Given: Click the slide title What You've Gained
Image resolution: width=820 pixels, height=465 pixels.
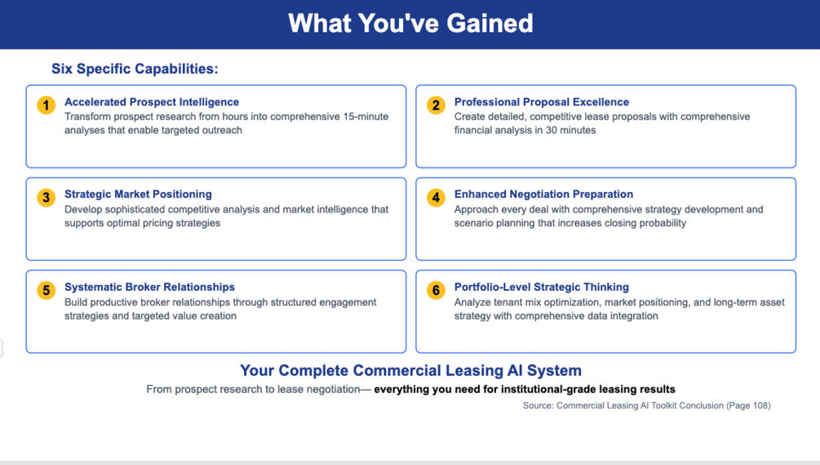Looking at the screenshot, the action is pyautogui.click(x=410, y=24).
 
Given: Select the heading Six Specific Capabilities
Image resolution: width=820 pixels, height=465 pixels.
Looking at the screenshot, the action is pyautogui.click(x=135, y=69).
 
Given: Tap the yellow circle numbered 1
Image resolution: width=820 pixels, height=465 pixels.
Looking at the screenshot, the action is pyautogui.click(x=46, y=105).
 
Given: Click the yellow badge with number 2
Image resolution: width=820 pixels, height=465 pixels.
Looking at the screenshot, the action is pyautogui.click(x=436, y=105).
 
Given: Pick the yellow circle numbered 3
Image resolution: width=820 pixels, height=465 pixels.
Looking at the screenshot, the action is pyautogui.click(x=46, y=198).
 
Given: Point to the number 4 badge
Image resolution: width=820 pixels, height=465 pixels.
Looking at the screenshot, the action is pyautogui.click(x=436, y=198).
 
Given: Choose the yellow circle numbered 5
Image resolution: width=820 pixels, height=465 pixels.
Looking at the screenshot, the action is pyautogui.click(x=46, y=290).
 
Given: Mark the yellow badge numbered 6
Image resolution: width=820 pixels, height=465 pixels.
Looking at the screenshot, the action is pyautogui.click(x=436, y=290).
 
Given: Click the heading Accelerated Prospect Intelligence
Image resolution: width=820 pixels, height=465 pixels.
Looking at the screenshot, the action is pyautogui.click(x=152, y=102).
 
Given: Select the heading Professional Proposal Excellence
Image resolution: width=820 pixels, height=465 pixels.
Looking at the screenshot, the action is pyautogui.click(x=541, y=102).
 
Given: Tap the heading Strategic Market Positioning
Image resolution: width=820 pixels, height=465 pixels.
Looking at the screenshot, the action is pyautogui.click(x=138, y=194).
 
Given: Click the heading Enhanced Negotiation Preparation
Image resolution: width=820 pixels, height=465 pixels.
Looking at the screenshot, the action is pyautogui.click(x=543, y=194).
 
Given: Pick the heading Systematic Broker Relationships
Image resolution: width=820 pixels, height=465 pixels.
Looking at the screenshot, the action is pyautogui.click(x=149, y=287).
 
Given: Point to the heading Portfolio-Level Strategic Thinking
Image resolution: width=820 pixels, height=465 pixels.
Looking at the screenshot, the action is pyautogui.click(x=541, y=287).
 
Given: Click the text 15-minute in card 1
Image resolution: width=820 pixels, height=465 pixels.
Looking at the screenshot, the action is pyautogui.click(x=366, y=116).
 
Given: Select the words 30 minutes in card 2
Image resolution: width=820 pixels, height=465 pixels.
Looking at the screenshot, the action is pyautogui.click(x=570, y=130).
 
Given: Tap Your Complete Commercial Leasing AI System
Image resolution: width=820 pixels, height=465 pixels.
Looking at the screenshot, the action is pyautogui.click(x=410, y=371).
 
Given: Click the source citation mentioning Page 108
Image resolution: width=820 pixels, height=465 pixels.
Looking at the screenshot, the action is pyautogui.click(x=646, y=405).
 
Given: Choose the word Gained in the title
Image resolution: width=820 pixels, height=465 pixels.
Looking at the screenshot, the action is pyautogui.click(x=490, y=24).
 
